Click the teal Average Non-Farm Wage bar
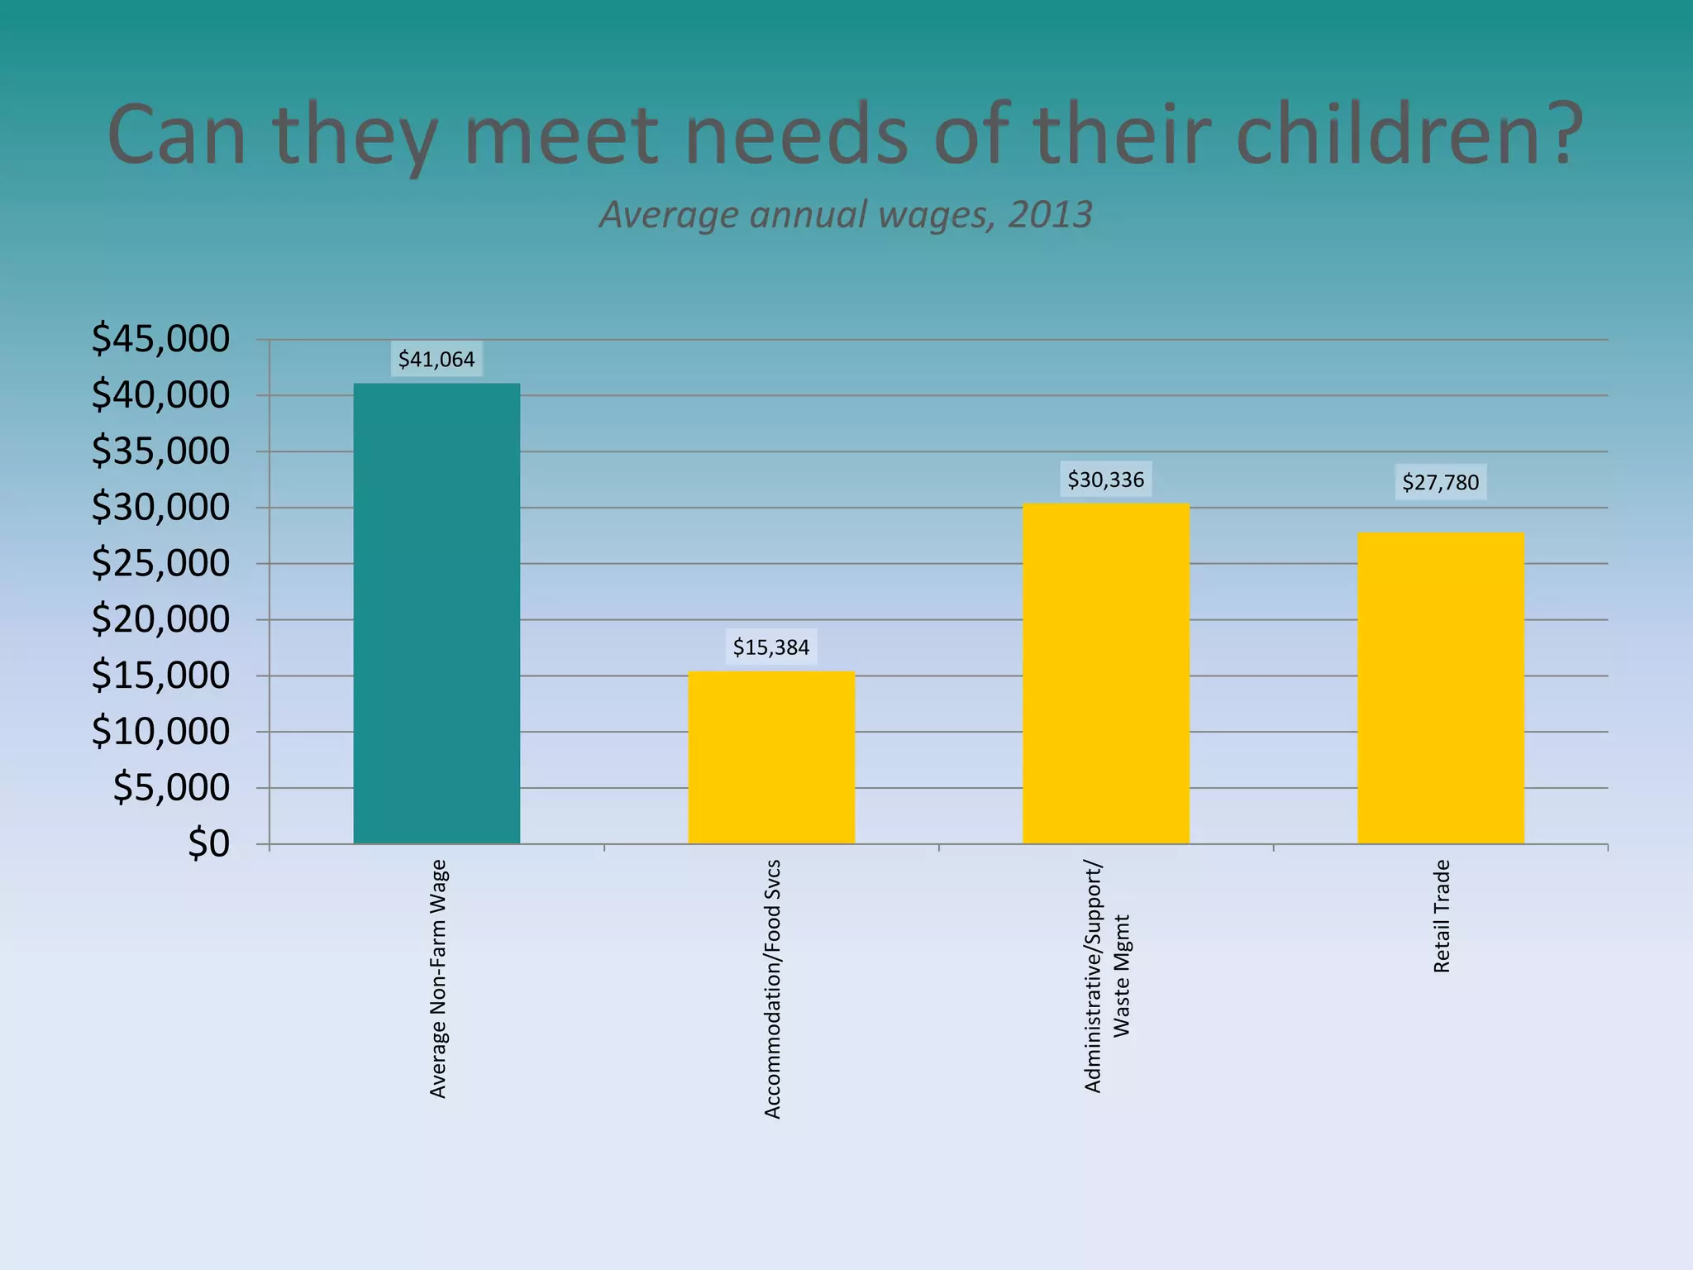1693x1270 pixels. coord(436,614)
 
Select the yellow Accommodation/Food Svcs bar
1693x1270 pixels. coord(771,757)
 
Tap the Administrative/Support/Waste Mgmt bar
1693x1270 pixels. coord(1105,674)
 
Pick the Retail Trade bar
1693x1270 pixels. coord(1440,688)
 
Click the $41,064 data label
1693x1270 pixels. coord(436,360)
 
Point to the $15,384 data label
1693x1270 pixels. coord(771,647)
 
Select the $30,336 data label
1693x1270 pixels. coord(1105,480)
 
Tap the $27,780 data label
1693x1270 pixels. coord(1440,482)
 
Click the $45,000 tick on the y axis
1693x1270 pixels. coord(160,339)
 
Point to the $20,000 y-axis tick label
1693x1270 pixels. coord(160,619)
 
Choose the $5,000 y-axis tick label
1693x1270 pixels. coord(171,787)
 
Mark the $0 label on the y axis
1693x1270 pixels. coord(208,843)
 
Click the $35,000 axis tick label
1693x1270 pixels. coord(160,451)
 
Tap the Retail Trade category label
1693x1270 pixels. coord(1442,916)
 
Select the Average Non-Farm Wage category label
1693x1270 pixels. coord(438,979)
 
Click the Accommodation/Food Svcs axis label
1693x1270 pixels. coord(772,989)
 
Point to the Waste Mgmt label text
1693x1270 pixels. coord(1121,976)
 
